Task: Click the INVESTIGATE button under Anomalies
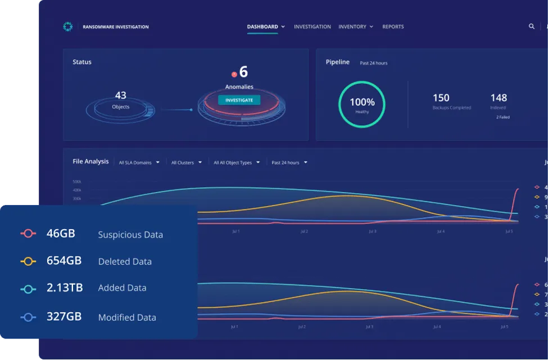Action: click(x=239, y=100)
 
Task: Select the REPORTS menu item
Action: click(x=393, y=26)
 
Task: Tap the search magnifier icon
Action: click(x=532, y=26)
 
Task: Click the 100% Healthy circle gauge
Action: click(x=362, y=104)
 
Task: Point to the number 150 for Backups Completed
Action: click(x=441, y=98)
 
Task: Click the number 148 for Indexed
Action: click(x=498, y=98)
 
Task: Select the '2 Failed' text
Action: click(x=502, y=117)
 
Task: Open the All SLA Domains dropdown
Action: click(x=139, y=162)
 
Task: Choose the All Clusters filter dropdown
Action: click(x=185, y=162)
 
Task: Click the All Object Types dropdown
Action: click(x=236, y=162)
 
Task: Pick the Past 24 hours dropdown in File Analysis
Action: click(x=289, y=162)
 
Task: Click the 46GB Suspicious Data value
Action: click(x=61, y=234)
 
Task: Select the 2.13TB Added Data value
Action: click(x=65, y=288)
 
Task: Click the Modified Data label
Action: click(x=127, y=317)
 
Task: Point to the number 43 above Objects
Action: click(x=120, y=95)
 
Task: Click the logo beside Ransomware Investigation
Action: click(x=68, y=26)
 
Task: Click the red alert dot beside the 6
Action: click(x=234, y=74)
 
